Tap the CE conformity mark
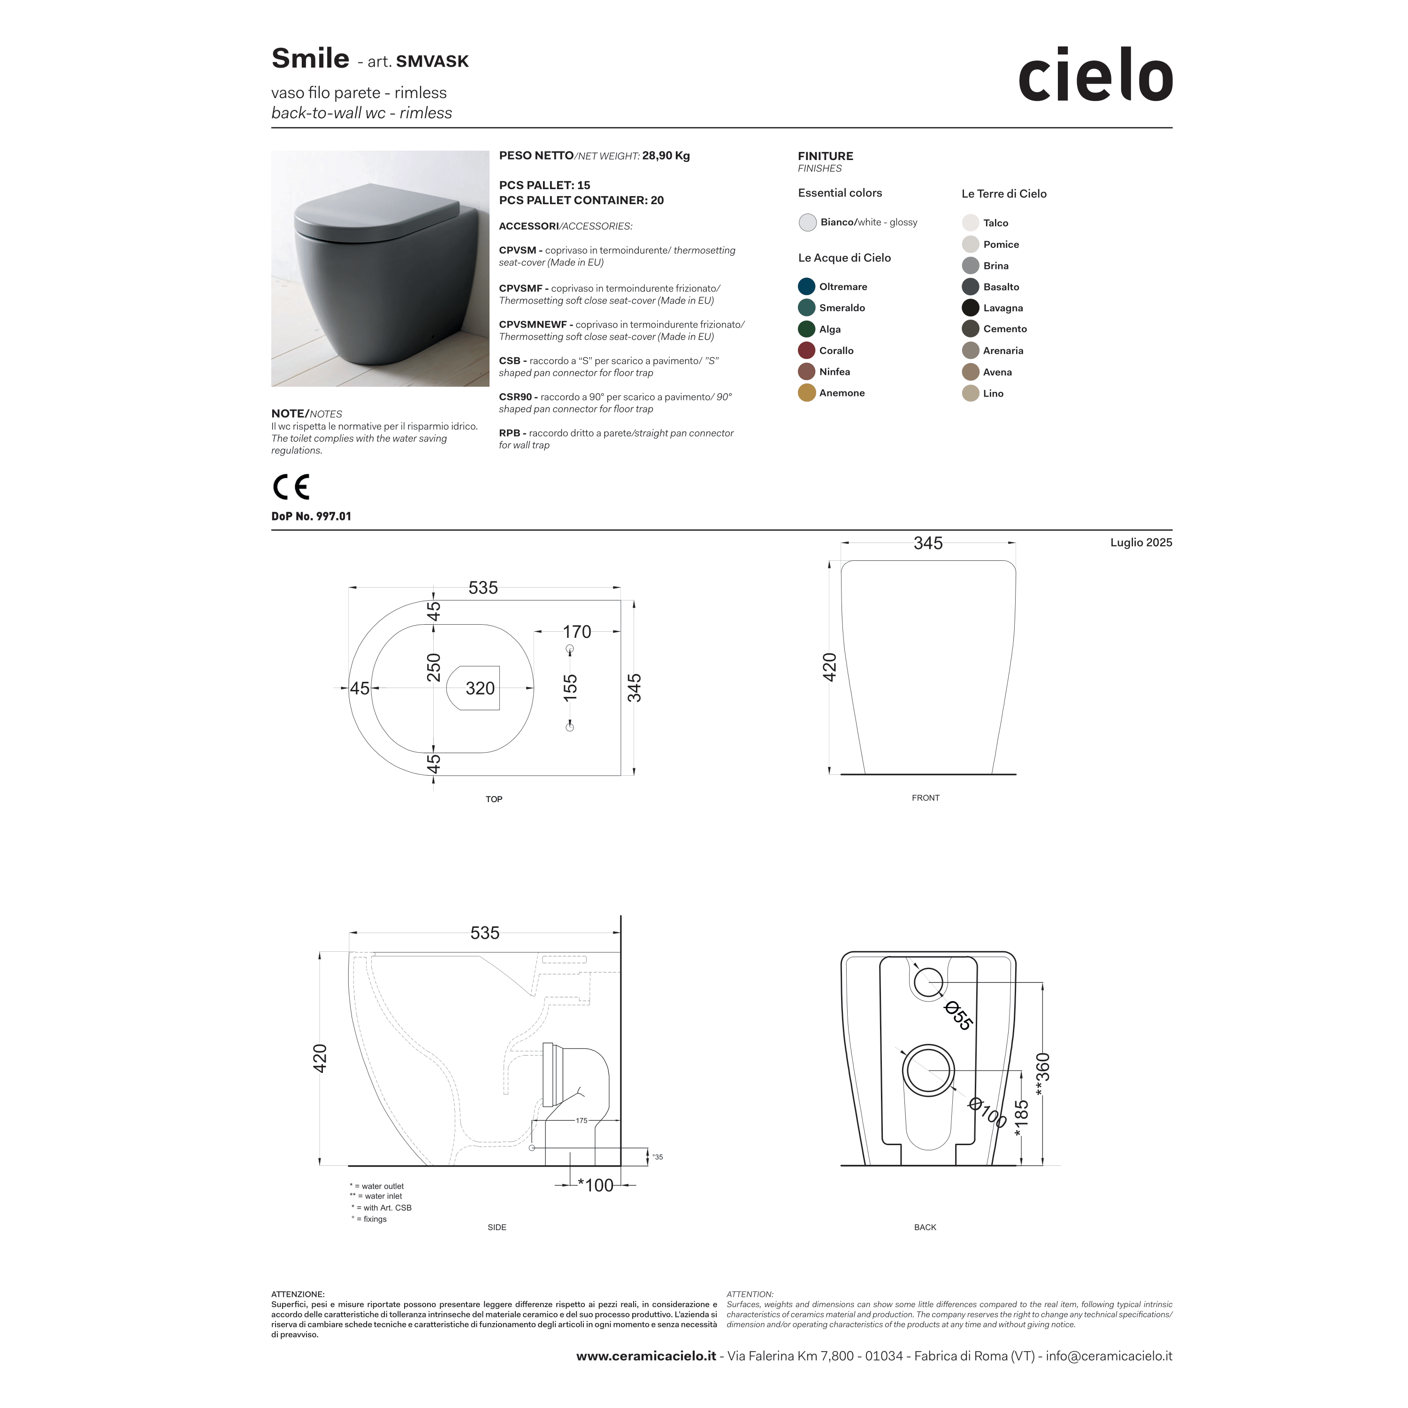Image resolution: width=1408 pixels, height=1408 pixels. [291, 487]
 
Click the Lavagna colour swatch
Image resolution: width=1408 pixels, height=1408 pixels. [970, 307]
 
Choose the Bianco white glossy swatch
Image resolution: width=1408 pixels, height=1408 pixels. [807, 222]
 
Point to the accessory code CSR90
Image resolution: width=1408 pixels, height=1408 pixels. [515, 397]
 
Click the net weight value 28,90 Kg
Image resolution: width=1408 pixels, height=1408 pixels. [666, 155]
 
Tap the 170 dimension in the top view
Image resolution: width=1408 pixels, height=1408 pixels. [576, 632]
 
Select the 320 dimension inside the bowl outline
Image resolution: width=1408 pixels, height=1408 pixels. [480, 688]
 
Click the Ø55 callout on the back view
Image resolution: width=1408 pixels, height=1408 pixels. [957, 1016]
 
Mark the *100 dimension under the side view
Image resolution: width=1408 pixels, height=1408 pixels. [596, 1186]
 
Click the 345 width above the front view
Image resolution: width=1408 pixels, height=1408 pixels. [928, 543]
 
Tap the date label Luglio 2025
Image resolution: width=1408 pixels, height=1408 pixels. [1140, 542]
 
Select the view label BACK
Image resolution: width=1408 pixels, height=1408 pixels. [925, 1227]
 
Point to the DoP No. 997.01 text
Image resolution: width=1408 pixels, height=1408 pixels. [311, 516]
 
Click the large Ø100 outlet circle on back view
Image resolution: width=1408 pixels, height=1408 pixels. [928, 1071]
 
